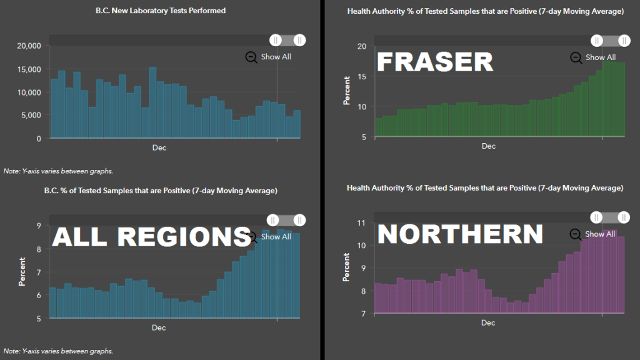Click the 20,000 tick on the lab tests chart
point(28,46)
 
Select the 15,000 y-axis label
point(28,69)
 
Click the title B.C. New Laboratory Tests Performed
point(161,11)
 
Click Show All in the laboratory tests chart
point(276,57)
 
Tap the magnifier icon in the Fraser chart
point(576,57)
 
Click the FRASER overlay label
point(435,62)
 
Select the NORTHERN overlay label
point(460,234)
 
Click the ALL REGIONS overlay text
point(151,237)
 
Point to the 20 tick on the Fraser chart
point(361,46)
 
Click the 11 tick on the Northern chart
point(361,222)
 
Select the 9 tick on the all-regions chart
point(39,226)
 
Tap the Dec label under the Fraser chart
point(488,146)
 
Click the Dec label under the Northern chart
point(488,323)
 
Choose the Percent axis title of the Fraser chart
point(347,91)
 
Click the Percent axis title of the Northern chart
point(347,267)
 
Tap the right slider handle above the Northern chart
point(624,217)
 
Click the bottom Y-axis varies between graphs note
point(58,351)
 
